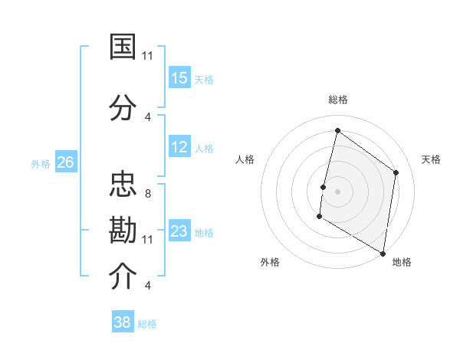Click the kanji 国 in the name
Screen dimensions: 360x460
[123, 47]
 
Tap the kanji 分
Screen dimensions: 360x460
[123, 108]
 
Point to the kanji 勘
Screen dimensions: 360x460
[123, 231]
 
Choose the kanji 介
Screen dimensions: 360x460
[123, 277]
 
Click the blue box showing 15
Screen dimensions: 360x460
[179, 78]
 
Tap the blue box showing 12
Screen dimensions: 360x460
[179, 148]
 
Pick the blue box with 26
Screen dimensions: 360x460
[66, 162]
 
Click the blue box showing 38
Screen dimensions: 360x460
[123, 322]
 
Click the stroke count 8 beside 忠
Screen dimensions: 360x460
[147, 193]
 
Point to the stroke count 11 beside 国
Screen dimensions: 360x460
[147, 55]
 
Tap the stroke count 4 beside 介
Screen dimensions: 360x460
[147, 285]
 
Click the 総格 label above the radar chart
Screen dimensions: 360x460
[337, 100]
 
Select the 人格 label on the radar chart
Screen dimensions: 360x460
[245, 159]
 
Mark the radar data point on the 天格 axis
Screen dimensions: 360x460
[396, 172]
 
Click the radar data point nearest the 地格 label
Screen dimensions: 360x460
[383, 252]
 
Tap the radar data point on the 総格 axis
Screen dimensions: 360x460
[337, 131]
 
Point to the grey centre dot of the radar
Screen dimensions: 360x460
[337, 191]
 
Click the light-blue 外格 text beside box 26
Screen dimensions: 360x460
[41, 163]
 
